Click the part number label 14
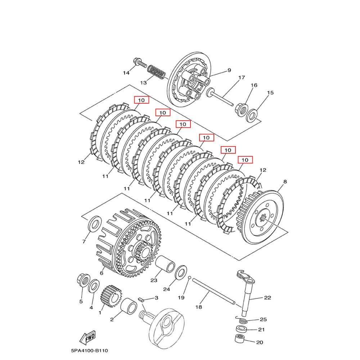coord(126,73)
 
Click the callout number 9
coord(229,71)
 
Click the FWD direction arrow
coord(87,338)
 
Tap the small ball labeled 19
coord(189,277)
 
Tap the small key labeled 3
coord(141,299)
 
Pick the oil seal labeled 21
coord(241,329)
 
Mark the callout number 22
coord(267,298)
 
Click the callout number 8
coord(285,182)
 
